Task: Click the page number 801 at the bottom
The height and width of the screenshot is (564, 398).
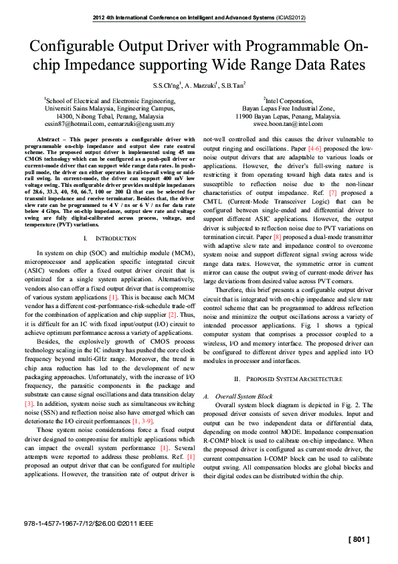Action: click(x=359, y=539)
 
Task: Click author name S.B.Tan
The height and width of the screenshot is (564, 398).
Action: click(x=234, y=86)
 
